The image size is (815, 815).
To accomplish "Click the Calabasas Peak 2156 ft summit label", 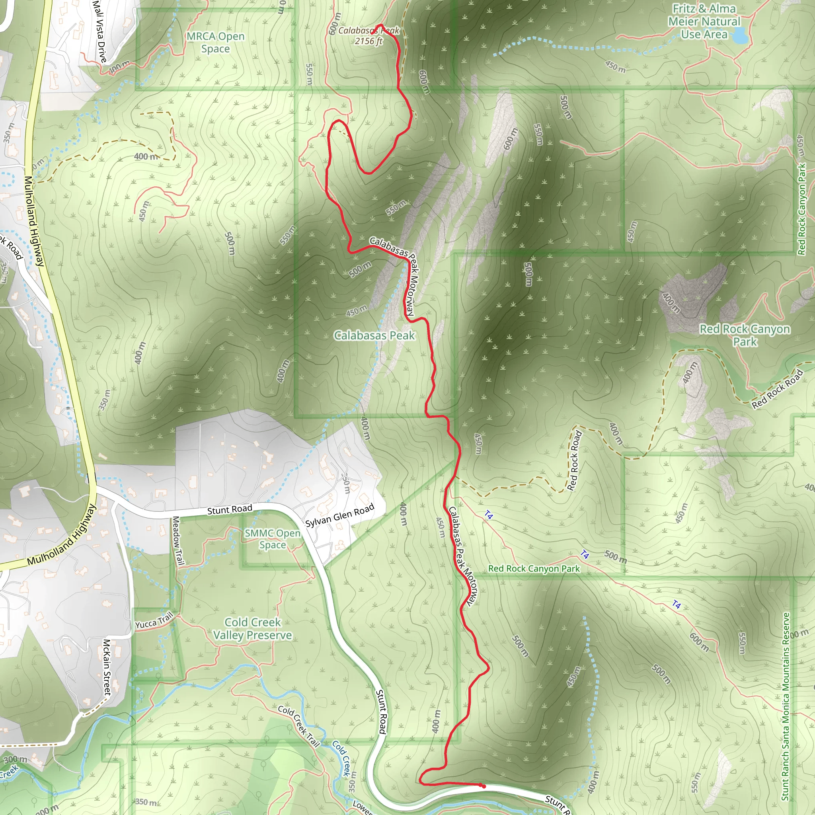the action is (x=368, y=36).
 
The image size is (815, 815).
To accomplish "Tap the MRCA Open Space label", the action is (x=216, y=43).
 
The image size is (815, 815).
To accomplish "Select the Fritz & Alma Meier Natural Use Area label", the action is (x=704, y=21).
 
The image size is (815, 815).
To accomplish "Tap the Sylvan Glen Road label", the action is (x=339, y=515).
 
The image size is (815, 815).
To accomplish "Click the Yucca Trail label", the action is (x=154, y=621).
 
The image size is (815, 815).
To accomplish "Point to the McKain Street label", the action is (x=107, y=667).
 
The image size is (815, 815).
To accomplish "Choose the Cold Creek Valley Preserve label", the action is (x=252, y=628).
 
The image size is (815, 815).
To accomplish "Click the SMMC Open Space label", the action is (x=273, y=539).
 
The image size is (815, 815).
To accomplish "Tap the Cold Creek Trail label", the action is (x=299, y=725).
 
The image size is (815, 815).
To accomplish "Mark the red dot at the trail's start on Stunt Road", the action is (x=484, y=786).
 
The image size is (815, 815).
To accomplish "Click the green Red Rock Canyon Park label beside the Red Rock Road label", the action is (x=745, y=335).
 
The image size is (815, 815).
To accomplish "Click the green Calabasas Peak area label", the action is (x=374, y=335).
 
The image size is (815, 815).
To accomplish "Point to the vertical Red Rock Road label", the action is (x=575, y=461).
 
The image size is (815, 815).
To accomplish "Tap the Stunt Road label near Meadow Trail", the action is (x=230, y=510).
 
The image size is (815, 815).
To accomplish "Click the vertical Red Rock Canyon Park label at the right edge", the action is (x=801, y=209).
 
